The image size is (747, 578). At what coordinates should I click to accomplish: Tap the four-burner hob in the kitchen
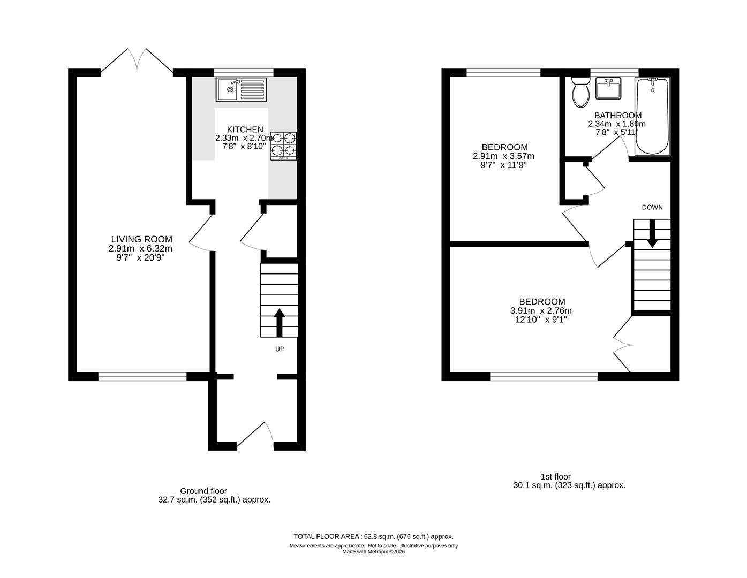[x=283, y=146]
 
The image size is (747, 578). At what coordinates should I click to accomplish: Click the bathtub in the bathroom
[x=652, y=116]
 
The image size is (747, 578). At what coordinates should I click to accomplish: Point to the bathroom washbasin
[x=608, y=88]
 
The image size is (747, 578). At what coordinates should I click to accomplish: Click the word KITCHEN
[x=245, y=130]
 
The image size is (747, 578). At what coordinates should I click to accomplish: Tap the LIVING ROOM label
[x=141, y=239]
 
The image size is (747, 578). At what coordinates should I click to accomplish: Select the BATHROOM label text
[x=617, y=116]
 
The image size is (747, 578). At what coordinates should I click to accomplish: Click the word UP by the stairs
[x=279, y=349]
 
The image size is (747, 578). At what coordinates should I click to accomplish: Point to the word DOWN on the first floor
[x=652, y=207]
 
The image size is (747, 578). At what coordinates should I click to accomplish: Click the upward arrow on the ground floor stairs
[x=279, y=322]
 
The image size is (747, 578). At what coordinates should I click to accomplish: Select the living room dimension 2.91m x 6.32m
[x=140, y=248]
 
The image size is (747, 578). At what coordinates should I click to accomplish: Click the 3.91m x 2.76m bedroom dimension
[x=541, y=311]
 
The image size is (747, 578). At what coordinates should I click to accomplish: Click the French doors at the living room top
[x=137, y=60]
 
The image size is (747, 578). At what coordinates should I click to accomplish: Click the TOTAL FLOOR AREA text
[x=373, y=536]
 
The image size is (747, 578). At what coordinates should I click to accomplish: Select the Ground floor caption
[x=203, y=491]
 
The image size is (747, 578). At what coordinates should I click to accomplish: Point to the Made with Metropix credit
[x=373, y=552]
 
